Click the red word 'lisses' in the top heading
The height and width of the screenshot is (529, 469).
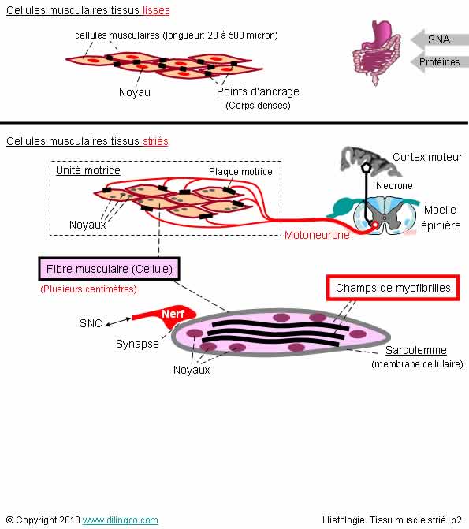pos(156,10)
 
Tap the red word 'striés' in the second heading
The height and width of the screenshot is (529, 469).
pos(155,141)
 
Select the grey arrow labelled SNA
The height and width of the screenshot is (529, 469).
pos(439,39)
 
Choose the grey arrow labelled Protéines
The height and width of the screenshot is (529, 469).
pos(439,61)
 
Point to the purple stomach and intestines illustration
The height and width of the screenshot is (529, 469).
pos(376,52)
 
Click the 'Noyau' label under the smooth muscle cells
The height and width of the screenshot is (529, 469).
pos(135,92)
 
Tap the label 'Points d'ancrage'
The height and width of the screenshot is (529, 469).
pos(258,91)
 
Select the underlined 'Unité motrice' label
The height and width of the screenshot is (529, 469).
pos(88,170)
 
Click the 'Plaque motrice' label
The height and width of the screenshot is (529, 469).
pos(240,172)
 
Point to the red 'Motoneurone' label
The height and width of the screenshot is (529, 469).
pos(317,235)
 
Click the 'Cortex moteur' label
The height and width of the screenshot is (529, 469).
pos(427,157)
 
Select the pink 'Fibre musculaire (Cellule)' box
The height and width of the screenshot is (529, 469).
pos(109,269)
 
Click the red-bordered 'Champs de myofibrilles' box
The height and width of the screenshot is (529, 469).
pos(393,288)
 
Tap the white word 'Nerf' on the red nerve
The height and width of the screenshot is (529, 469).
pos(173,314)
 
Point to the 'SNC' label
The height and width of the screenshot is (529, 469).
pos(91,323)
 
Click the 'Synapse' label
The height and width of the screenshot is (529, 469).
pos(137,344)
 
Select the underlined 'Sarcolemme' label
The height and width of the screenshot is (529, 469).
pos(416,350)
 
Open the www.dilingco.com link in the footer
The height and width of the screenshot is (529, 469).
pos(120,520)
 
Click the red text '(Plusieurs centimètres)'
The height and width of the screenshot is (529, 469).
pos(88,289)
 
